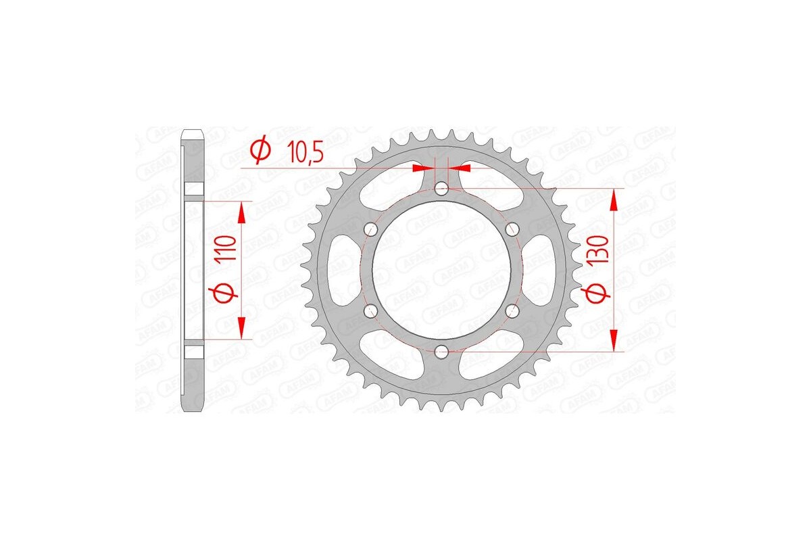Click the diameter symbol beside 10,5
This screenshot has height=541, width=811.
pyautogui.click(x=260, y=151)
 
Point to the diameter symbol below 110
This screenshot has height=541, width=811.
pyautogui.click(x=226, y=293)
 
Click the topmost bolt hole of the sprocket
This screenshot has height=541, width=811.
pyautogui.click(x=441, y=188)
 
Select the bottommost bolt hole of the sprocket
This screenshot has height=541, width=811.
pyautogui.click(x=441, y=350)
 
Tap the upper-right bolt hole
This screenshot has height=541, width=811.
pyautogui.click(x=512, y=229)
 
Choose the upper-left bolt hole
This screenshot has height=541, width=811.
pyautogui.click(x=370, y=229)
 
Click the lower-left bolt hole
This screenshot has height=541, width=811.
pyautogui.click(x=370, y=310)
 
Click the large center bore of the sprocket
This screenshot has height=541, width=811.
pyautogui.click(x=441, y=269)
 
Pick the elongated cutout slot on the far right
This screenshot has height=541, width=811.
pyautogui.click(x=540, y=269)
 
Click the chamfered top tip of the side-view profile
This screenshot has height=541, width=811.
pyautogui.click(x=193, y=131)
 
